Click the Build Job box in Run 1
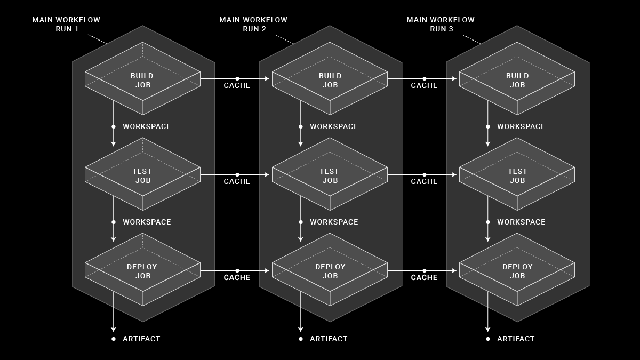click(142, 80)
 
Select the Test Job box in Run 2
click(330, 175)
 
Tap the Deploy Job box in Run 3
click(517, 271)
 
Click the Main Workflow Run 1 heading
click(66, 24)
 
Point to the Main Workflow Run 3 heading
click(441, 24)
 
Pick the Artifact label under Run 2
click(329, 339)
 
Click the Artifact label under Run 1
click(141, 339)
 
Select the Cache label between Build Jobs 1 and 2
click(237, 85)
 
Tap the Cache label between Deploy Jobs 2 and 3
click(424, 277)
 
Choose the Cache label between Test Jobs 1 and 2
click(237, 181)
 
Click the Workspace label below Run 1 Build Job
click(147, 126)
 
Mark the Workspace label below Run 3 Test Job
click(521, 222)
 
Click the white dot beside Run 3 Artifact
click(487, 339)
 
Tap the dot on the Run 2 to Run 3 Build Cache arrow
click(425, 78)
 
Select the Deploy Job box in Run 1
click(142, 271)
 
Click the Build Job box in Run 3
click(517, 80)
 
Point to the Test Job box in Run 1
click(142, 175)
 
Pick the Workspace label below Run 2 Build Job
click(334, 126)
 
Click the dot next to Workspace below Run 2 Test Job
click(301, 222)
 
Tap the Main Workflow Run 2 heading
click(253, 24)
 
